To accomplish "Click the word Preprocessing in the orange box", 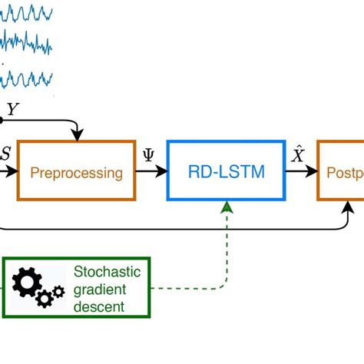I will [x=77, y=173].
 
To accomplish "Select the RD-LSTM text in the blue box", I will [x=226, y=172].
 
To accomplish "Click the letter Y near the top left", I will [x=12, y=110].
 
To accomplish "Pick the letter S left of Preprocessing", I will [x=5, y=154].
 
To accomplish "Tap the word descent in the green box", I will [x=99, y=309].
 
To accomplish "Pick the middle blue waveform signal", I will [x=28, y=44].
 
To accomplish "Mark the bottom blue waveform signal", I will [x=28, y=78].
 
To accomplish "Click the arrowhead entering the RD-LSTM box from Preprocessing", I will [x=163, y=172].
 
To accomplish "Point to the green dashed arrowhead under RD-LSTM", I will [x=226, y=206].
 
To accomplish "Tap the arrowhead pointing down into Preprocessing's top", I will [x=78, y=136].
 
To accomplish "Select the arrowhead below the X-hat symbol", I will [x=313, y=172].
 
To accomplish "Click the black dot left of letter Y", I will [x=2, y=119].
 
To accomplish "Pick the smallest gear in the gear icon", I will [x=58, y=292].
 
